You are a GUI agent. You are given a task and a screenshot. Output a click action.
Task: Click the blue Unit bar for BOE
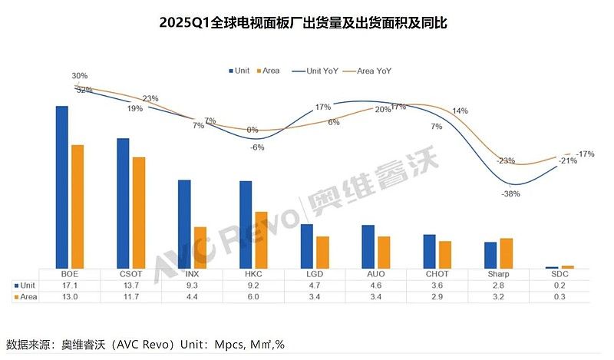point(62,187)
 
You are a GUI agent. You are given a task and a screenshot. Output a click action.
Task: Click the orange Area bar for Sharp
point(507,253)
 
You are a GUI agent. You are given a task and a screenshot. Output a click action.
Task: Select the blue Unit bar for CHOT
point(430,251)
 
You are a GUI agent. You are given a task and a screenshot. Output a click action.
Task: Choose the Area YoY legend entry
point(372,71)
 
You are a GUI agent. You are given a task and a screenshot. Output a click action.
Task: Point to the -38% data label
point(510,194)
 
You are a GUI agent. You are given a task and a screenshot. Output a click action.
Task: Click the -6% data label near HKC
point(257,147)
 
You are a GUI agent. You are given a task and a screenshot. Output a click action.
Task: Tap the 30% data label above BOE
point(80,76)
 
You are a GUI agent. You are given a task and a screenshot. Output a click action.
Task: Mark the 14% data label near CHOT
point(460,111)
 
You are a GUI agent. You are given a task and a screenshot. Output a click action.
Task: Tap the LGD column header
point(315,273)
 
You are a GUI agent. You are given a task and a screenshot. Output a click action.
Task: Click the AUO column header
point(376,273)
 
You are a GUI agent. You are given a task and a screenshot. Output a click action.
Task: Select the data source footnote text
point(145,345)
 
